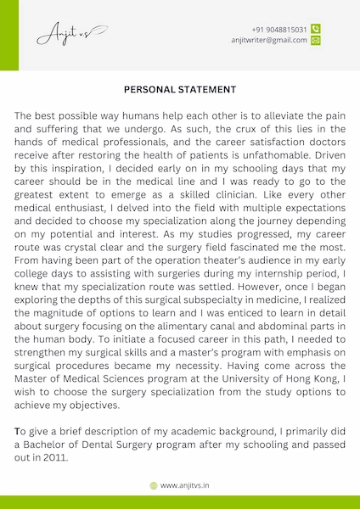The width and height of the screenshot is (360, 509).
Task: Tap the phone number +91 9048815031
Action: [x=279, y=29]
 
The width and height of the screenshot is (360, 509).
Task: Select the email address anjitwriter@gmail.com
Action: [x=268, y=40]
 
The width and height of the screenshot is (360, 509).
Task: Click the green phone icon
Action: [x=316, y=29]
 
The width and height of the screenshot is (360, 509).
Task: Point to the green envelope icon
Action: [x=316, y=40]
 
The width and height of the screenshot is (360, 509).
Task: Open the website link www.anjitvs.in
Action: [x=186, y=485]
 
